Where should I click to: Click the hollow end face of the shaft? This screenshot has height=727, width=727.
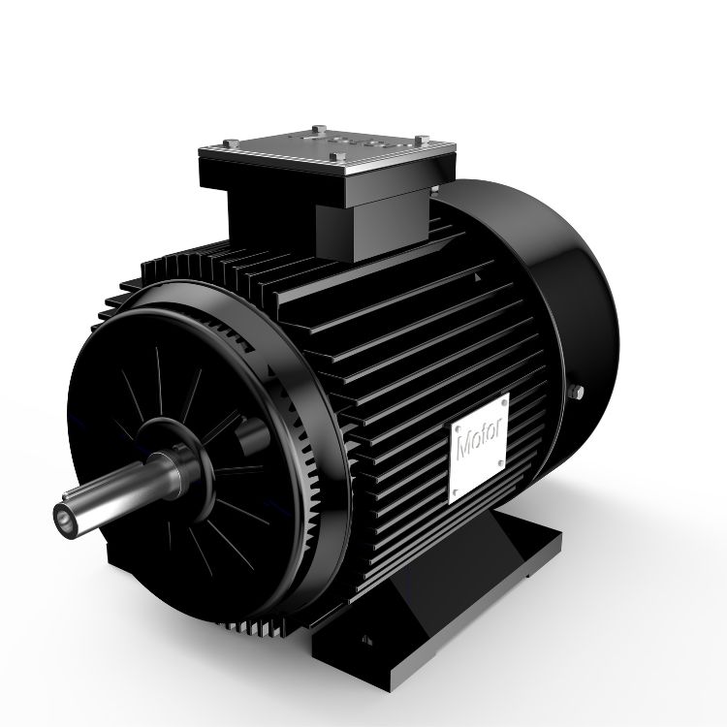pos(64,517)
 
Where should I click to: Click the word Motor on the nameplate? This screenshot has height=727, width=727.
pos(480,438)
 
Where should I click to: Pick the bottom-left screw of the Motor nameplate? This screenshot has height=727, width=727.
pos(455,491)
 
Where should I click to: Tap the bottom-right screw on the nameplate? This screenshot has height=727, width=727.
pos(500,462)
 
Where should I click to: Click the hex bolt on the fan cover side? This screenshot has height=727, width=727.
pos(577,393)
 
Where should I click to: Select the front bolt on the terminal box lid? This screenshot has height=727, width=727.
pos(337,156)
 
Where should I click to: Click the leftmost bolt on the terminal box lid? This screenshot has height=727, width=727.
pos(231,143)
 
